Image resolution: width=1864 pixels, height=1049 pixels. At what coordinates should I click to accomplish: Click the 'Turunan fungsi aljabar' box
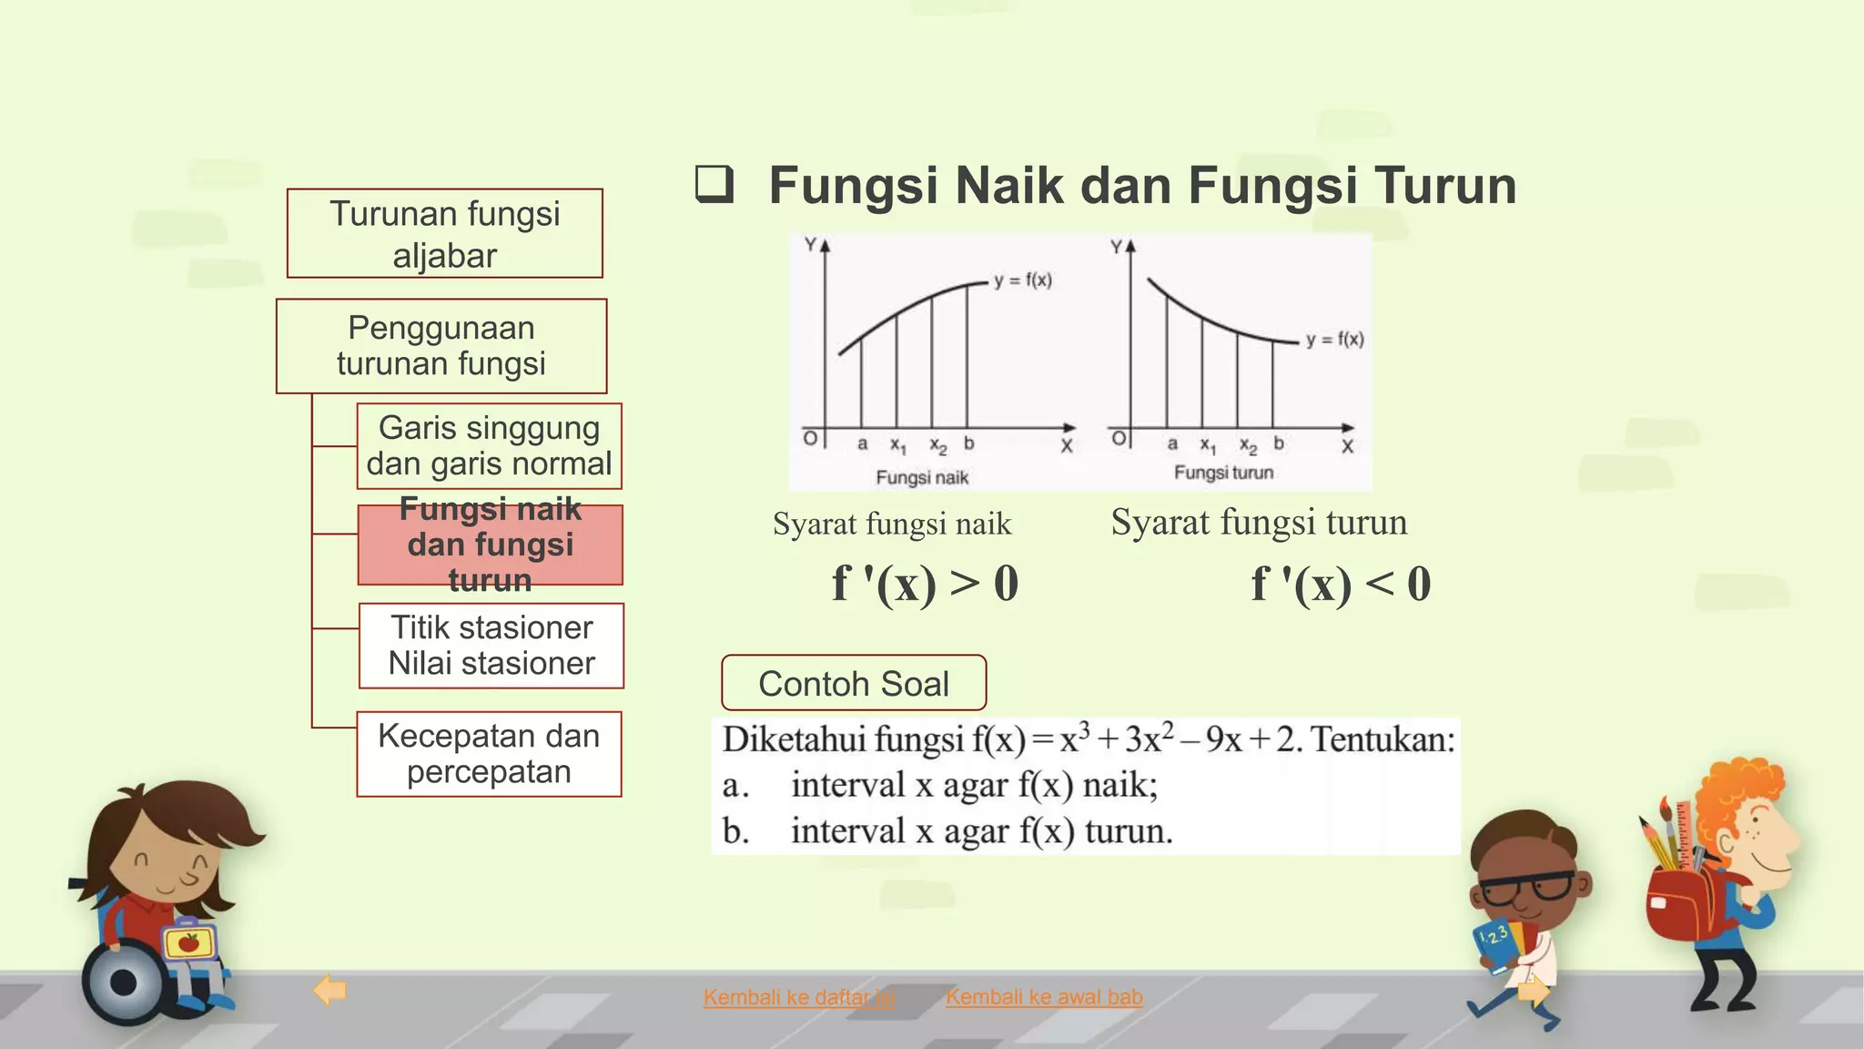pos(444,233)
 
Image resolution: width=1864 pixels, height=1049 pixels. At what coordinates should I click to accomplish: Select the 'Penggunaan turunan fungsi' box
pos(441,346)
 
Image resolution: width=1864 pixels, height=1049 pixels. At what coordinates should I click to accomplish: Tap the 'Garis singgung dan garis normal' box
pos(490,446)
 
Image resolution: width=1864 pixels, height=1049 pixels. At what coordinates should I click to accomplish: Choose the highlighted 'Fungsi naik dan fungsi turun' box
pos(490,545)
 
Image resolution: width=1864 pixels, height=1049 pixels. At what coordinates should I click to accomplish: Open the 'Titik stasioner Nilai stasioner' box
pos(491,646)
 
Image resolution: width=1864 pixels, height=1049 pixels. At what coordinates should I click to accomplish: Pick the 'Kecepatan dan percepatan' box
pos(489,754)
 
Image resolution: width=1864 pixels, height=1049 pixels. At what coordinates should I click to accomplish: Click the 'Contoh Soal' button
pos(854,683)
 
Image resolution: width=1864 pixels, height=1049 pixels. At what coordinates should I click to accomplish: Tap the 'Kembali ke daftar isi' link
pos(798,997)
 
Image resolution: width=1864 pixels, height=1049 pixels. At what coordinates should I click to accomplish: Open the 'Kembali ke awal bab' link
pos(1044,997)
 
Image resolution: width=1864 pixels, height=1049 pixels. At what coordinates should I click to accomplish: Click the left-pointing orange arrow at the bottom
pos(329,990)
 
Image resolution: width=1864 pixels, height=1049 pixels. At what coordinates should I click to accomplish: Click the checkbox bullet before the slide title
pos(714,184)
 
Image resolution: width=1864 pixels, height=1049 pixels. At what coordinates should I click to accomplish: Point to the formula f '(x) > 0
pos(925,584)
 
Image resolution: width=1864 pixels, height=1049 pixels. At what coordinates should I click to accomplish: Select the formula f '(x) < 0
pos(1341,584)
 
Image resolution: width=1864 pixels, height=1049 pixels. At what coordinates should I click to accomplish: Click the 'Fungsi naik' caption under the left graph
pos(922,477)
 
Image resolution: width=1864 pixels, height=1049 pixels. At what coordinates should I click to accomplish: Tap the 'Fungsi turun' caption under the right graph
pos(1223,473)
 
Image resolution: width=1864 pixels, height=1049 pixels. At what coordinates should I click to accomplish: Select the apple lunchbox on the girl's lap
pos(189,942)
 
